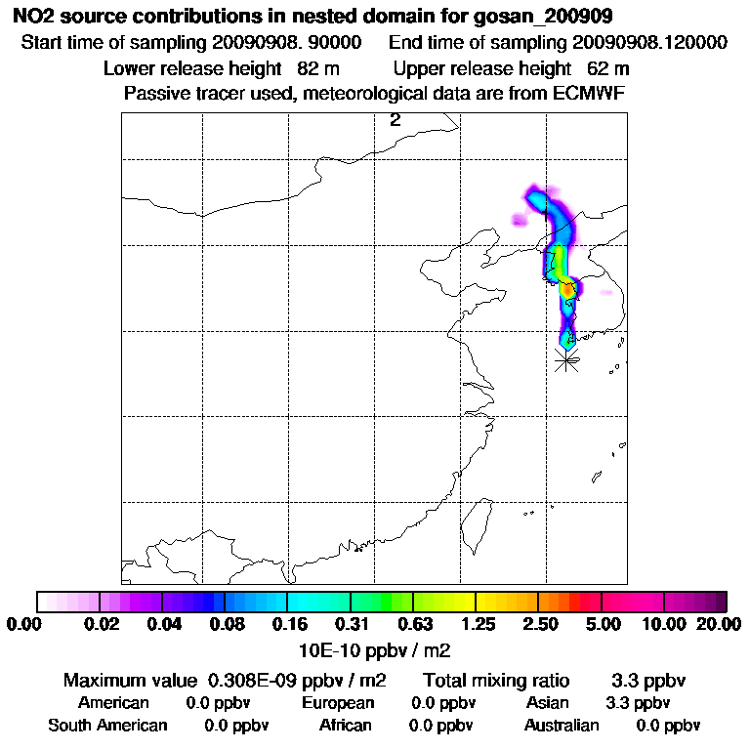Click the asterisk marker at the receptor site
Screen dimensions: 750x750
(x=566, y=359)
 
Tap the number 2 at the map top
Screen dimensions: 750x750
(x=396, y=120)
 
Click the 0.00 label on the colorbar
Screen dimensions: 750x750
(x=26, y=624)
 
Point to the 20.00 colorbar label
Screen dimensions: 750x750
(x=718, y=624)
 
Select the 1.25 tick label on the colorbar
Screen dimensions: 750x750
(x=476, y=624)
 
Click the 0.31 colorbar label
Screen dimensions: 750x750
(x=351, y=624)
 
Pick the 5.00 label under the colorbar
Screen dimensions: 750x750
(x=603, y=624)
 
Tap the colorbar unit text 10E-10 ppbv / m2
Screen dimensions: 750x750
(x=374, y=649)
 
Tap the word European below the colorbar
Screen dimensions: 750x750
(x=337, y=703)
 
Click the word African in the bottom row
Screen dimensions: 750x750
(x=345, y=726)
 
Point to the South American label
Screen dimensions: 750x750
(x=107, y=726)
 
